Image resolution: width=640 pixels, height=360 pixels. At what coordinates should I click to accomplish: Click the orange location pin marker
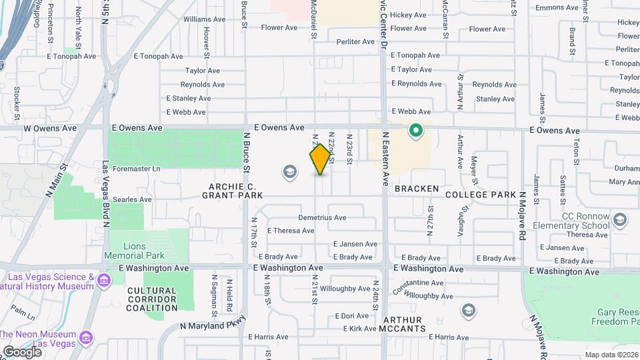[320, 159]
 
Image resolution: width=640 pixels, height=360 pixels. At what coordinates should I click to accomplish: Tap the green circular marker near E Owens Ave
[417, 131]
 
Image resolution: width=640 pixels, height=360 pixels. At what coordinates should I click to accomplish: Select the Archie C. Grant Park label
[233, 191]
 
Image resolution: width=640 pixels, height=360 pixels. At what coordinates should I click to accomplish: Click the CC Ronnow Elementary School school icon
[619, 219]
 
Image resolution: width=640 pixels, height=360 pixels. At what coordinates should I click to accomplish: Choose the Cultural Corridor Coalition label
[151, 299]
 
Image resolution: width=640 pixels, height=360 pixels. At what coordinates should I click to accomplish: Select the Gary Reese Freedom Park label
[605, 317]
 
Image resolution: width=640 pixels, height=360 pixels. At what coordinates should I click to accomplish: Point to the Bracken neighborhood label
[416, 189]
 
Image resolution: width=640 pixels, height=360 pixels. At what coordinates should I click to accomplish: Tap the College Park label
[480, 194]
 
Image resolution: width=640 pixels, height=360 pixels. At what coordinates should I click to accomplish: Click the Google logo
[21, 351]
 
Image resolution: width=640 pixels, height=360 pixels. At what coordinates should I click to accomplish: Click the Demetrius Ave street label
[322, 217]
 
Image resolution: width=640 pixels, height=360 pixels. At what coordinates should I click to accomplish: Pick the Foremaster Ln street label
[137, 169]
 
